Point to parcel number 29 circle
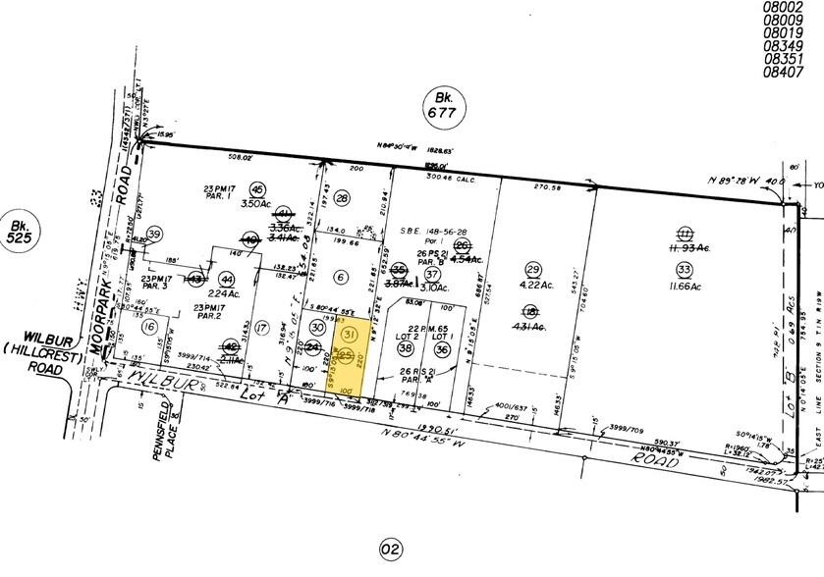pyautogui.click(x=534, y=269)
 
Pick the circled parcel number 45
pyautogui.click(x=258, y=188)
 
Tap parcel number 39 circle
pyautogui.click(x=153, y=233)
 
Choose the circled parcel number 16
pyautogui.click(x=149, y=327)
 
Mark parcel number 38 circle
pyautogui.click(x=405, y=347)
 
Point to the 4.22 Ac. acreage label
pyautogui.click(x=534, y=288)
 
